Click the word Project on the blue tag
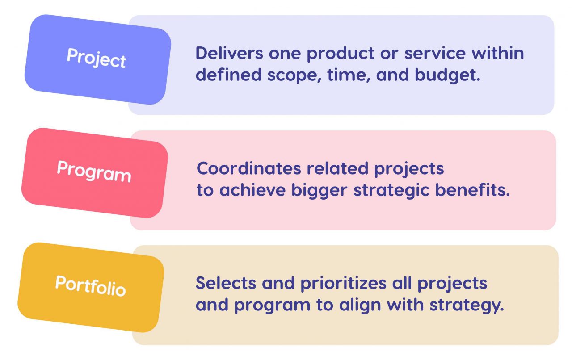[x=97, y=58]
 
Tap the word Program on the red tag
[x=94, y=171]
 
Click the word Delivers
[x=229, y=54]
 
